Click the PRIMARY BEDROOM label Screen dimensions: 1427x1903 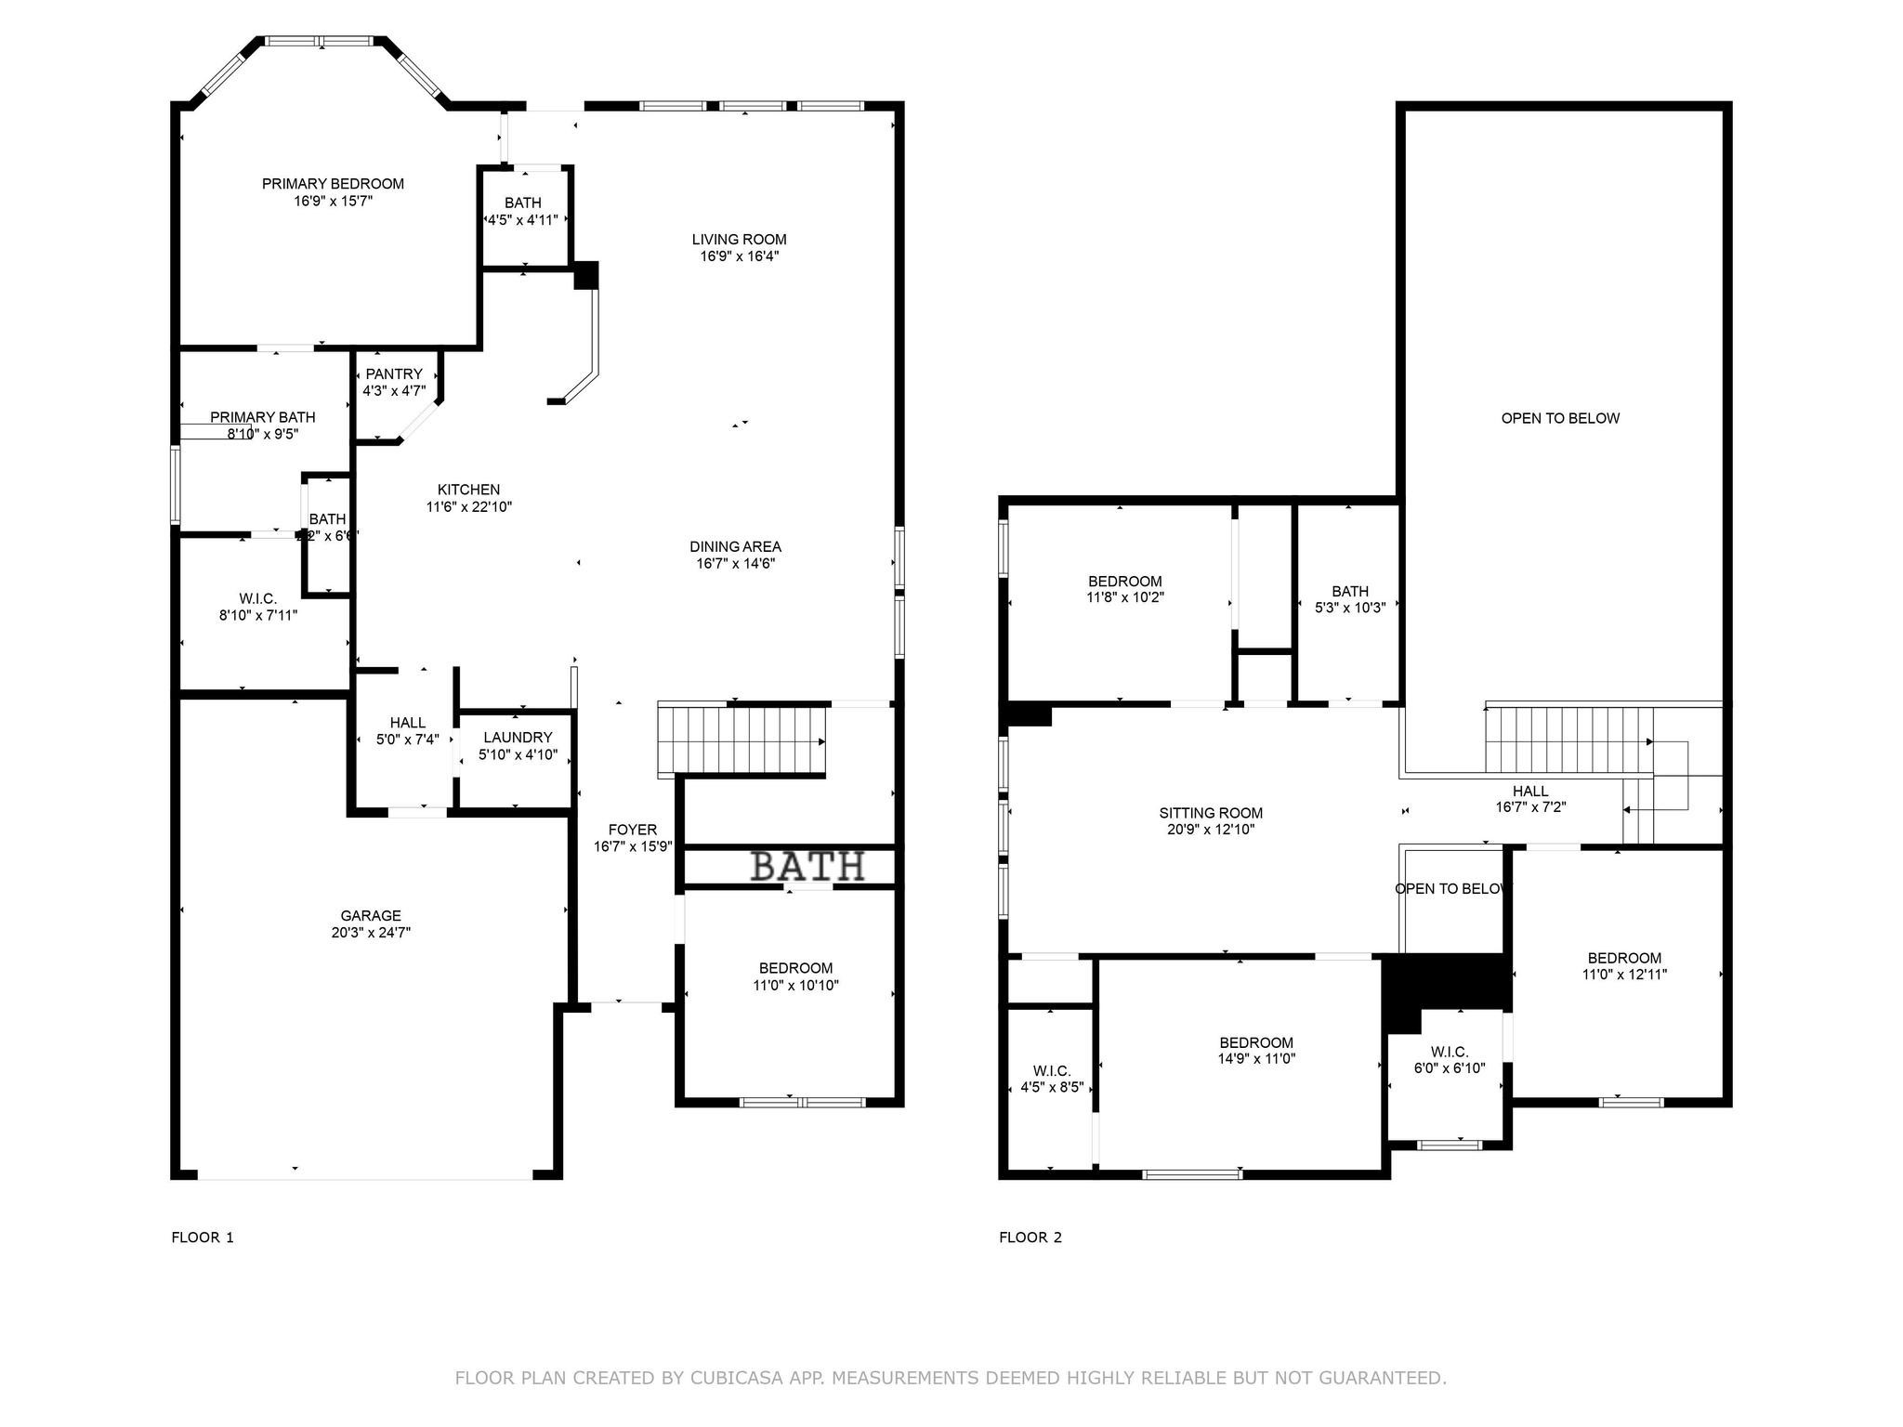(x=333, y=184)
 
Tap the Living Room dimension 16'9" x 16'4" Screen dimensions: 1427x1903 (x=739, y=256)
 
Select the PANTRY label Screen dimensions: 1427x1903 (x=394, y=374)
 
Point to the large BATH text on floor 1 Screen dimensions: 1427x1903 (x=807, y=867)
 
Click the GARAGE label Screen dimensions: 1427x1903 (x=371, y=916)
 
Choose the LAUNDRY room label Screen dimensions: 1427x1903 (x=518, y=738)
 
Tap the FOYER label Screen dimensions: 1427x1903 (x=632, y=830)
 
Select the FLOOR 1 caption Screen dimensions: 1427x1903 (x=203, y=1237)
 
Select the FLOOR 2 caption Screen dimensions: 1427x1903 (x=1030, y=1237)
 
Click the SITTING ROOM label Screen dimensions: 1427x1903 (x=1211, y=813)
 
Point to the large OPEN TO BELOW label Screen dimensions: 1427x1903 (x=1560, y=418)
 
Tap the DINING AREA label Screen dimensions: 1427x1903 (x=735, y=546)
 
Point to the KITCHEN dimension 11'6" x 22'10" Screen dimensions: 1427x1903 (x=469, y=507)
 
